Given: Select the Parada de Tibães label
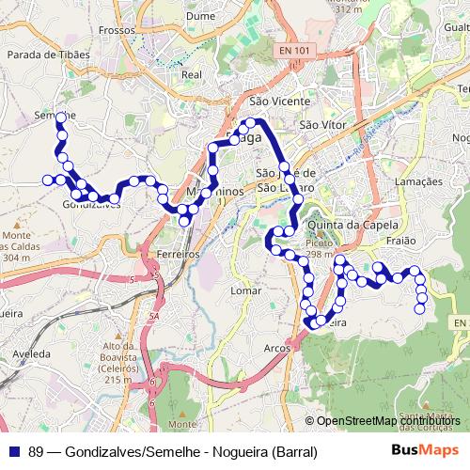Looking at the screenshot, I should [48, 81].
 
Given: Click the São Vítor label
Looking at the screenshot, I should [317, 124].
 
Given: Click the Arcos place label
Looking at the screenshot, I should [277, 348].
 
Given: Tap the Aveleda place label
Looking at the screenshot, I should [32, 352].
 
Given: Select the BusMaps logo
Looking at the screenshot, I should [425, 450].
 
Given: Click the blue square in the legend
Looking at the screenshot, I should [14, 451].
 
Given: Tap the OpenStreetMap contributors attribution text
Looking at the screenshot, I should [388, 421].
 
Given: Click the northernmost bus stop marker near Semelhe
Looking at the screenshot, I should [60, 117].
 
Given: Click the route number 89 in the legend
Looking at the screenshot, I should [37, 451].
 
